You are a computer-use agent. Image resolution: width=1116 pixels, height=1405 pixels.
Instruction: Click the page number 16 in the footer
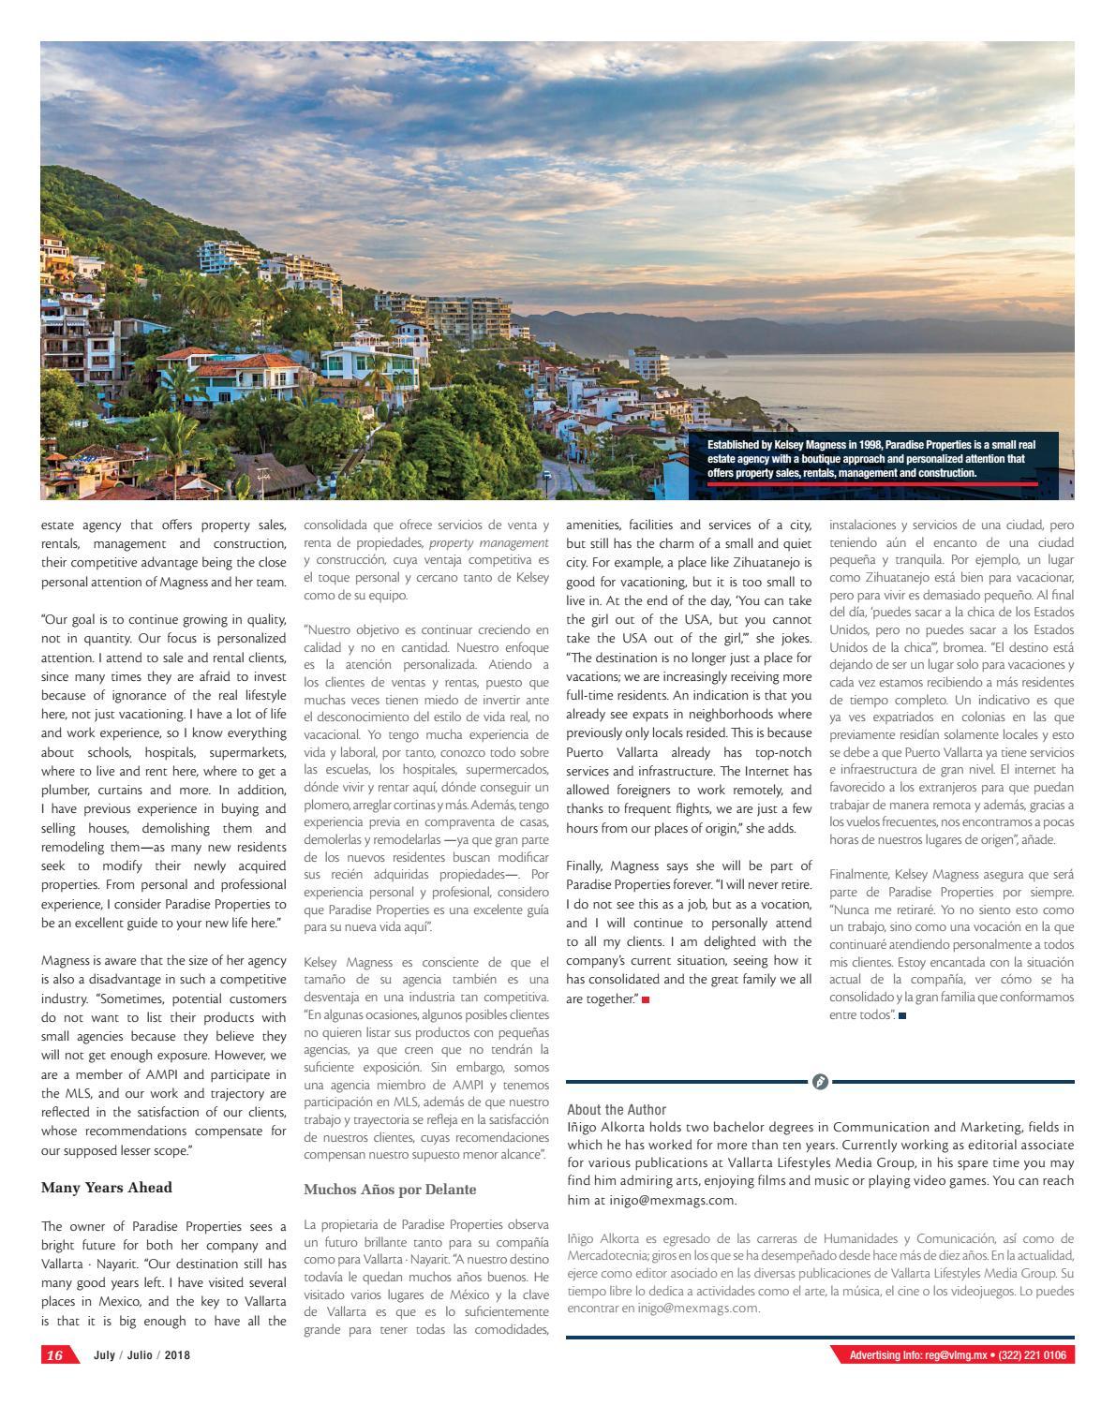point(54,1355)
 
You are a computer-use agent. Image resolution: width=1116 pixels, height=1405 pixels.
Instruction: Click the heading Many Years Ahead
point(107,1188)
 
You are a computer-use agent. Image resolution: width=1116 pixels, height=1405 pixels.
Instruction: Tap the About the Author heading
point(617,1109)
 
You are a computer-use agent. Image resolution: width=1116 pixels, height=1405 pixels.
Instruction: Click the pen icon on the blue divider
point(820,1082)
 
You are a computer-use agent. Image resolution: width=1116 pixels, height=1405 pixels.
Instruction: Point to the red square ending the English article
point(646,999)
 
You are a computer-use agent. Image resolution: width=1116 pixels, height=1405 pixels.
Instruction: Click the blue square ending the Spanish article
point(902,1015)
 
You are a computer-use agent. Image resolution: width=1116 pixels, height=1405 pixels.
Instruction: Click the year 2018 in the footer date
point(177,1355)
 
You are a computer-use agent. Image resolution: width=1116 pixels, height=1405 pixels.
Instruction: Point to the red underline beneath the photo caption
point(871,484)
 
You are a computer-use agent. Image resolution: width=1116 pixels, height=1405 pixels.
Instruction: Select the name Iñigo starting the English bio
point(582,1127)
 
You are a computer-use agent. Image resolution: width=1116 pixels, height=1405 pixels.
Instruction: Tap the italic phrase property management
point(488,542)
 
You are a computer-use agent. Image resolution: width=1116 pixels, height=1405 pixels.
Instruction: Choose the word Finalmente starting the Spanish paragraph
point(860,874)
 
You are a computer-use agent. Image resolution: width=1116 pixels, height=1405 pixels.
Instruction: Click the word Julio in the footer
point(141,1355)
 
